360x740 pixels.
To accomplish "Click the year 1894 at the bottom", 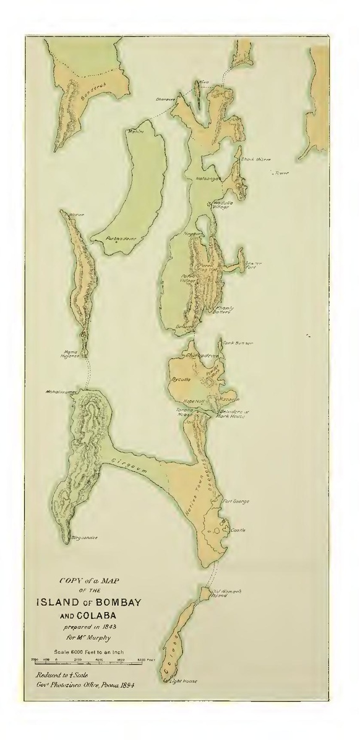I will coord(125,686).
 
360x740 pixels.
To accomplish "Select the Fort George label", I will coord(236,501).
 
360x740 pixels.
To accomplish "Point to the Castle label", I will coord(238,530).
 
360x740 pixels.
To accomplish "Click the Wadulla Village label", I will coord(221,204).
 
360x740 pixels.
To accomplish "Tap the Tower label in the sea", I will coord(282,173).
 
